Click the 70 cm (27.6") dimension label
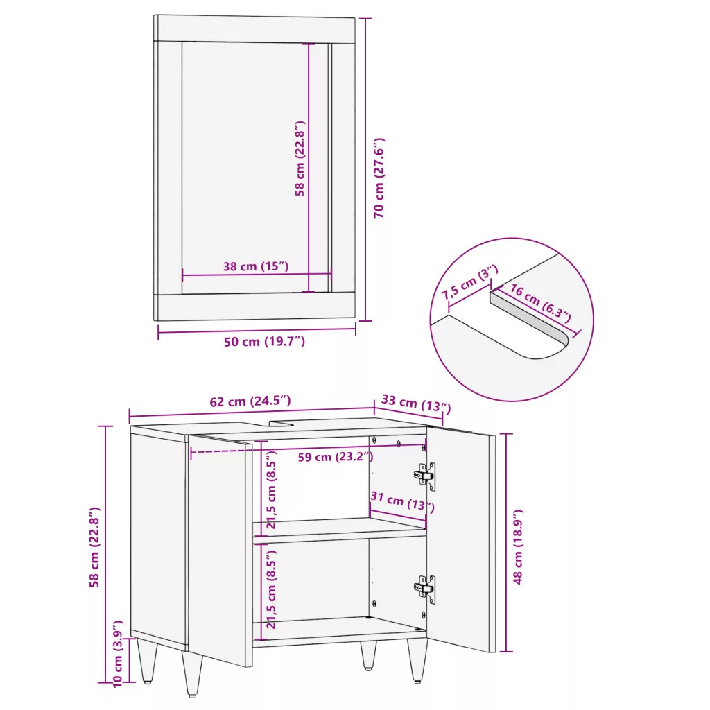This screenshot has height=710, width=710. (379, 178)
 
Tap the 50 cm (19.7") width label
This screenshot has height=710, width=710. (264, 341)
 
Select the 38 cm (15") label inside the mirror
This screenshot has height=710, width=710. (256, 266)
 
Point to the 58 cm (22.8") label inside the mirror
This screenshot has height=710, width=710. (300, 158)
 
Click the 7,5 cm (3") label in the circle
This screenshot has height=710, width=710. (469, 282)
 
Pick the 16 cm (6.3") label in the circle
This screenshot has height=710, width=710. (541, 303)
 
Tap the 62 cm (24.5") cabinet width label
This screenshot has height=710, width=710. (250, 401)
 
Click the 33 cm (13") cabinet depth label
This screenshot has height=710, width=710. (416, 404)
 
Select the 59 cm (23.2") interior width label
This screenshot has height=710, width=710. (336, 457)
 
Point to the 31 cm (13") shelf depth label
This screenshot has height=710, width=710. (403, 502)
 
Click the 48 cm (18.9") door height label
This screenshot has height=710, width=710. (518, 546)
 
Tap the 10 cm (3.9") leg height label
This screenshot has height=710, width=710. (117, 654)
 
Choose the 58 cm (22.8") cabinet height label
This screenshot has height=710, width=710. (94, 547)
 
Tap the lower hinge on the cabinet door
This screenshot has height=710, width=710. (425, 589)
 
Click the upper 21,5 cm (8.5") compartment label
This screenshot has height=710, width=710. (271, 492)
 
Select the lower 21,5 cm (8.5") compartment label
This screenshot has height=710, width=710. (271, 590)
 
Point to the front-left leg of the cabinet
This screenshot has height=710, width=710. (192, 673)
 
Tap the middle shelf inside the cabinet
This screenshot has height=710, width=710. (339, 530)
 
